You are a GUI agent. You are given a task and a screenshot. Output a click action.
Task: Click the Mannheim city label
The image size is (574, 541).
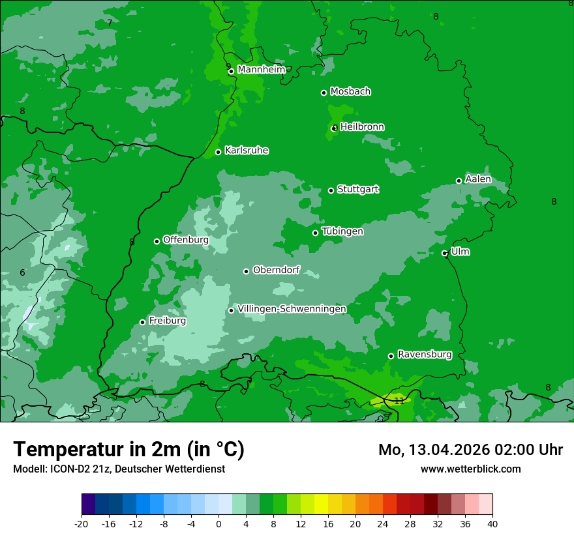[x=261, y=70]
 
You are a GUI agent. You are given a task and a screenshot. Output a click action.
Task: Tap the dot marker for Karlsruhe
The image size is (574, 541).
[x=218, y=153]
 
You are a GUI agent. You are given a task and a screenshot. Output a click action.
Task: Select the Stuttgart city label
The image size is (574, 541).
[x=357, y=190]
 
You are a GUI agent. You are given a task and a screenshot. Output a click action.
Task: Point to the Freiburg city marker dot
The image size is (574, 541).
[x=142, y=322]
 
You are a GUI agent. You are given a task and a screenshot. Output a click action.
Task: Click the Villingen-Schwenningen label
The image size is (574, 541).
[x=292, y=309]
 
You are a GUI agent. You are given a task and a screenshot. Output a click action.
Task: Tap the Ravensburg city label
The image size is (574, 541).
[x=424, y=355]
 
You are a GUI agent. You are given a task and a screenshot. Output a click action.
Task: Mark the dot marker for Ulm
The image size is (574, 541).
[x=444, y=253]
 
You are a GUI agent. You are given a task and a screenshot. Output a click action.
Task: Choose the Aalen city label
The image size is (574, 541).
[x=477, y=179]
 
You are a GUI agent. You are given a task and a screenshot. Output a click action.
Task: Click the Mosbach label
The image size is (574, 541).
[x=350, y=92]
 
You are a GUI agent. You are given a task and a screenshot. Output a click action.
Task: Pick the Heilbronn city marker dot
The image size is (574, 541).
[x=334, y=128]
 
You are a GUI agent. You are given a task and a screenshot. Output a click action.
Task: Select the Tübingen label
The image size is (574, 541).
[x=342, y=231]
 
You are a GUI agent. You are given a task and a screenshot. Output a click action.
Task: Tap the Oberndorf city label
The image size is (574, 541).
[x=276, y=270]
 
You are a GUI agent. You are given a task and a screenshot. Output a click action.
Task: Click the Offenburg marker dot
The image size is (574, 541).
[x=157, y=241]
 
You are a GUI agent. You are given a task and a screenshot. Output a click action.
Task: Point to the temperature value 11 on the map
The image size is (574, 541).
[x=399, y=401]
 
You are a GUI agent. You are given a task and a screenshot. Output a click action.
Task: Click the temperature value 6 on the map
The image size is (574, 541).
[x=22, y=272]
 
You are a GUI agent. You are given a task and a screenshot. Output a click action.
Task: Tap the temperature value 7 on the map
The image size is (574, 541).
[x=110, y=23]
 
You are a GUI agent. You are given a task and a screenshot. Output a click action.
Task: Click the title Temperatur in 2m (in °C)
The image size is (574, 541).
[x=128, y=449]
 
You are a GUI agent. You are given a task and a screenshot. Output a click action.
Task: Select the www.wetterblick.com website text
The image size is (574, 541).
[x=470, y=469]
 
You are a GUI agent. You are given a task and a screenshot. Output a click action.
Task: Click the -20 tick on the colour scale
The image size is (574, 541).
[x=82, y=523]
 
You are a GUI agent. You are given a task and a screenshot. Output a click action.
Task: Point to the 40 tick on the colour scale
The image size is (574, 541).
[x=492, y=523]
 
